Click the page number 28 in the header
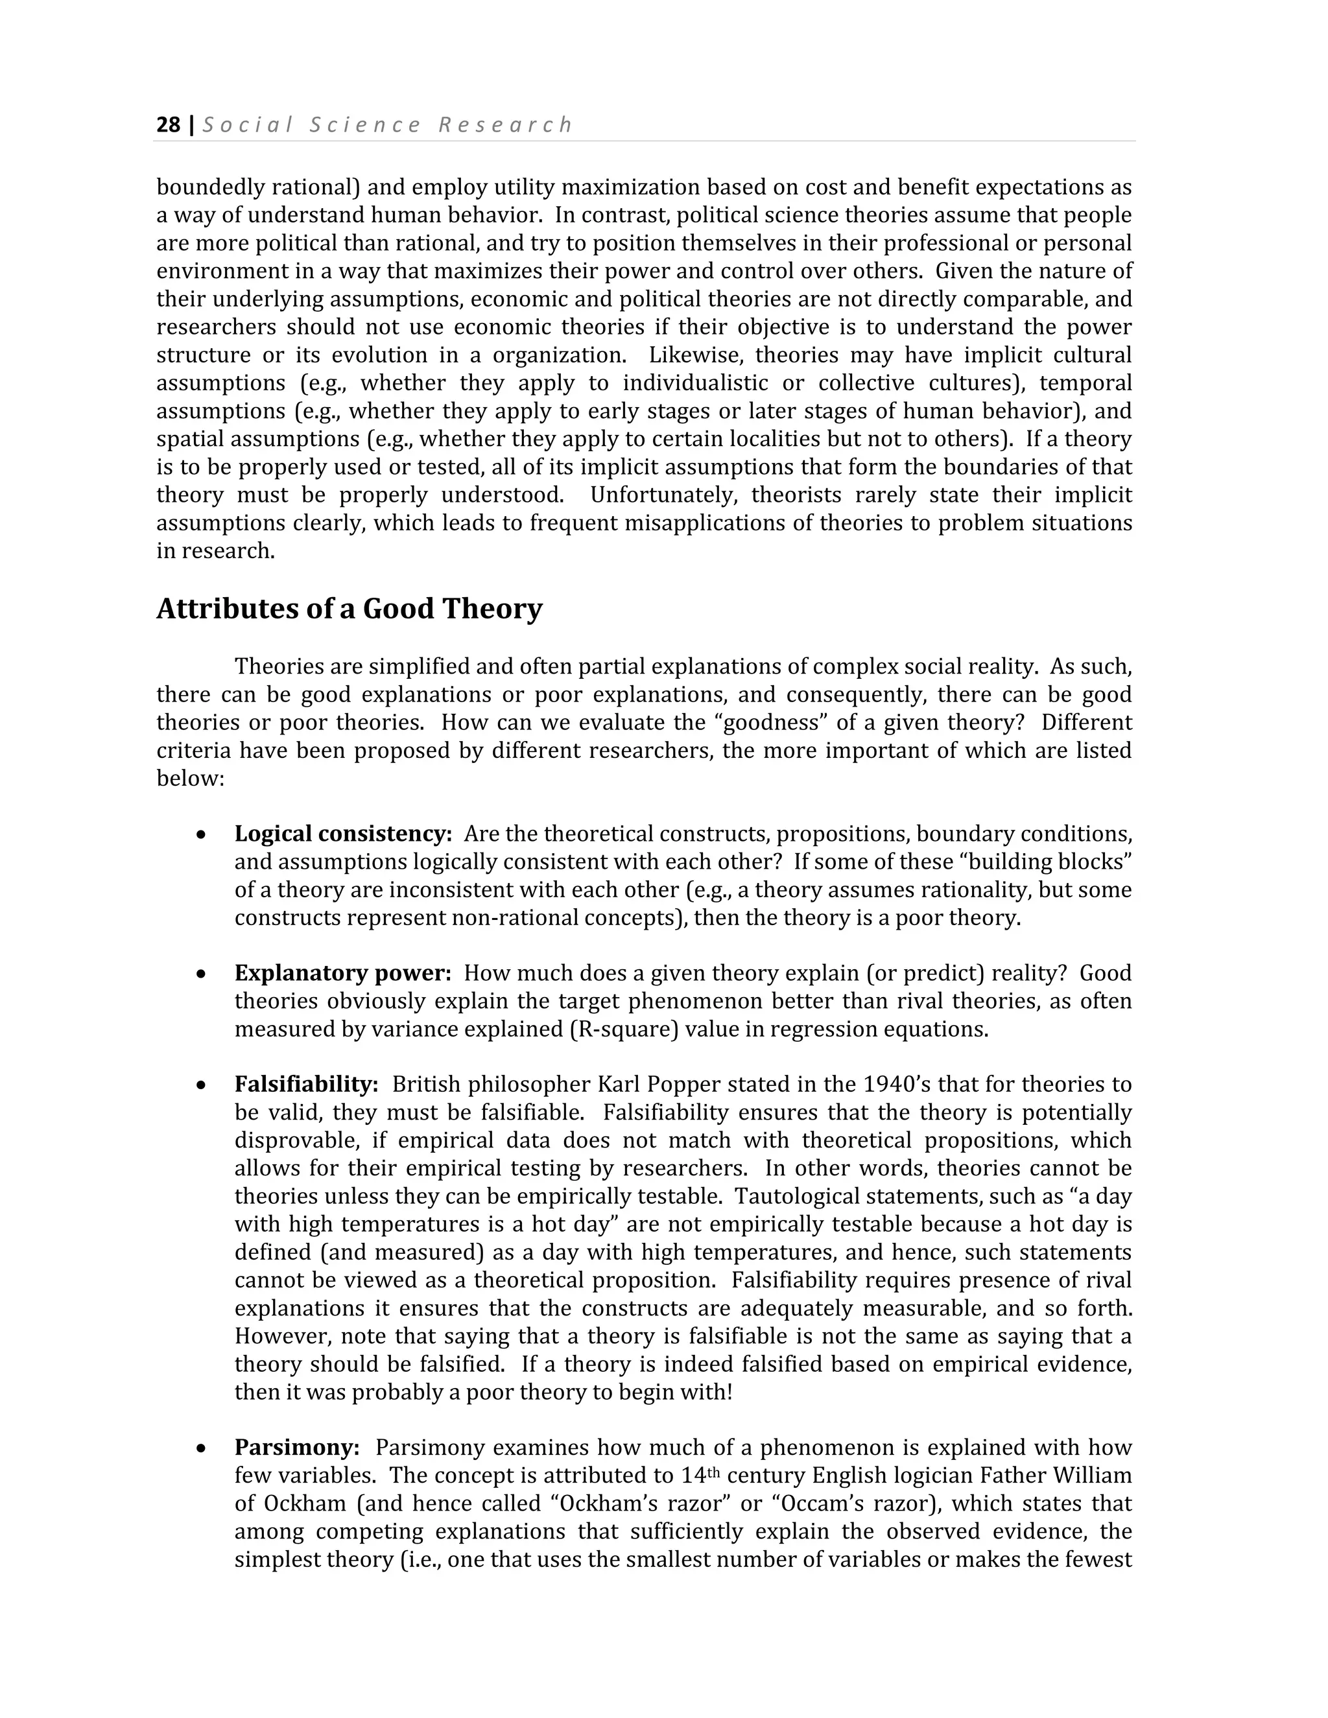click(169, 125)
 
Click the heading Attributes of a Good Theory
click(350, 609)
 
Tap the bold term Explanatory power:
click(342, 973)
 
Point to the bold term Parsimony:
click(296, 1448)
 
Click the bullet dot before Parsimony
click(202, 1448)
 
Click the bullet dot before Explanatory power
click(202, 974)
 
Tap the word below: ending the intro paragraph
click(191, 778)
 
